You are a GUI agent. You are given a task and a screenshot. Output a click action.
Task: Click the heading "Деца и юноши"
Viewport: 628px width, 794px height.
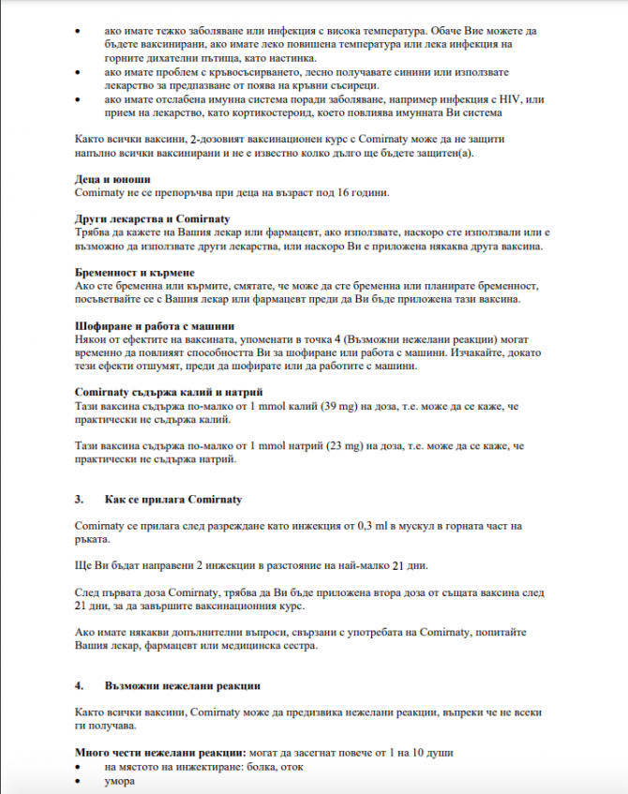(112, 178)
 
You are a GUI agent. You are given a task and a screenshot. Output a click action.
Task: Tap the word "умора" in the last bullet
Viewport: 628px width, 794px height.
(121, 781)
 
